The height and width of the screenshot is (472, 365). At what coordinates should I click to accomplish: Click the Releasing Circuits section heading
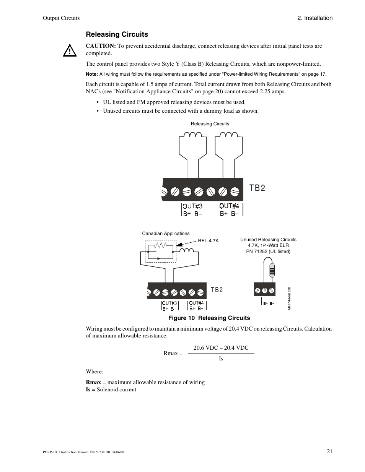pos(117,34)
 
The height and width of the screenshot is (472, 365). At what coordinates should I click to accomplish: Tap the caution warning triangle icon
pos(69,51)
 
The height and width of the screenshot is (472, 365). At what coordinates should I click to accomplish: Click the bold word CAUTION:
pos(101,46)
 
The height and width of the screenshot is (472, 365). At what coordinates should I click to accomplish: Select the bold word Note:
pos(91,74)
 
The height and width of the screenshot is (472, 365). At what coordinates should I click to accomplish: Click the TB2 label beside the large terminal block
pos(257,188)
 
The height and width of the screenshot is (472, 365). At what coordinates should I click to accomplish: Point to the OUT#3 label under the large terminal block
pos(192,206)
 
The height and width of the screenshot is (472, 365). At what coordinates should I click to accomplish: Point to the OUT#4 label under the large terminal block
pos(230,206)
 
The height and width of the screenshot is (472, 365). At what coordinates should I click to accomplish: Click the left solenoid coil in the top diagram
pos(193,135)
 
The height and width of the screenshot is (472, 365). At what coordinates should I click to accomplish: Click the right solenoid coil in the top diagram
pos(228,135)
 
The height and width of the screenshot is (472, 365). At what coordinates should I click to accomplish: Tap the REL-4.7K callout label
pos(208,241)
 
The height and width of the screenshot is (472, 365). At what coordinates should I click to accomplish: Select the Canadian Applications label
pos(166,234)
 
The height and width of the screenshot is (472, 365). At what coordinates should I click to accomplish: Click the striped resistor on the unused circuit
pos(272,270)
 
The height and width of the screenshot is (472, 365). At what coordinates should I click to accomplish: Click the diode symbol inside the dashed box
pos(159,259)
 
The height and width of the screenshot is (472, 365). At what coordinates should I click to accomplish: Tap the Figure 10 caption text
pos(209,318)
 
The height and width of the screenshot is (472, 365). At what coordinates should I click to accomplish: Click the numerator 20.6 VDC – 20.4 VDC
pos(221,348)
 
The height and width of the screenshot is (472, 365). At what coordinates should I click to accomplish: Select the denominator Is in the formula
pos(221,358)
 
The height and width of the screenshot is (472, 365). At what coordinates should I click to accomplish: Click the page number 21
pos(329,451)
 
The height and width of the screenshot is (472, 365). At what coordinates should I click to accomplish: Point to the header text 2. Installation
pos(315,18)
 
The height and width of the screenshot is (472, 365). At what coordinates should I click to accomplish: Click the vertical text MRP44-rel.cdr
pos(290,298)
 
